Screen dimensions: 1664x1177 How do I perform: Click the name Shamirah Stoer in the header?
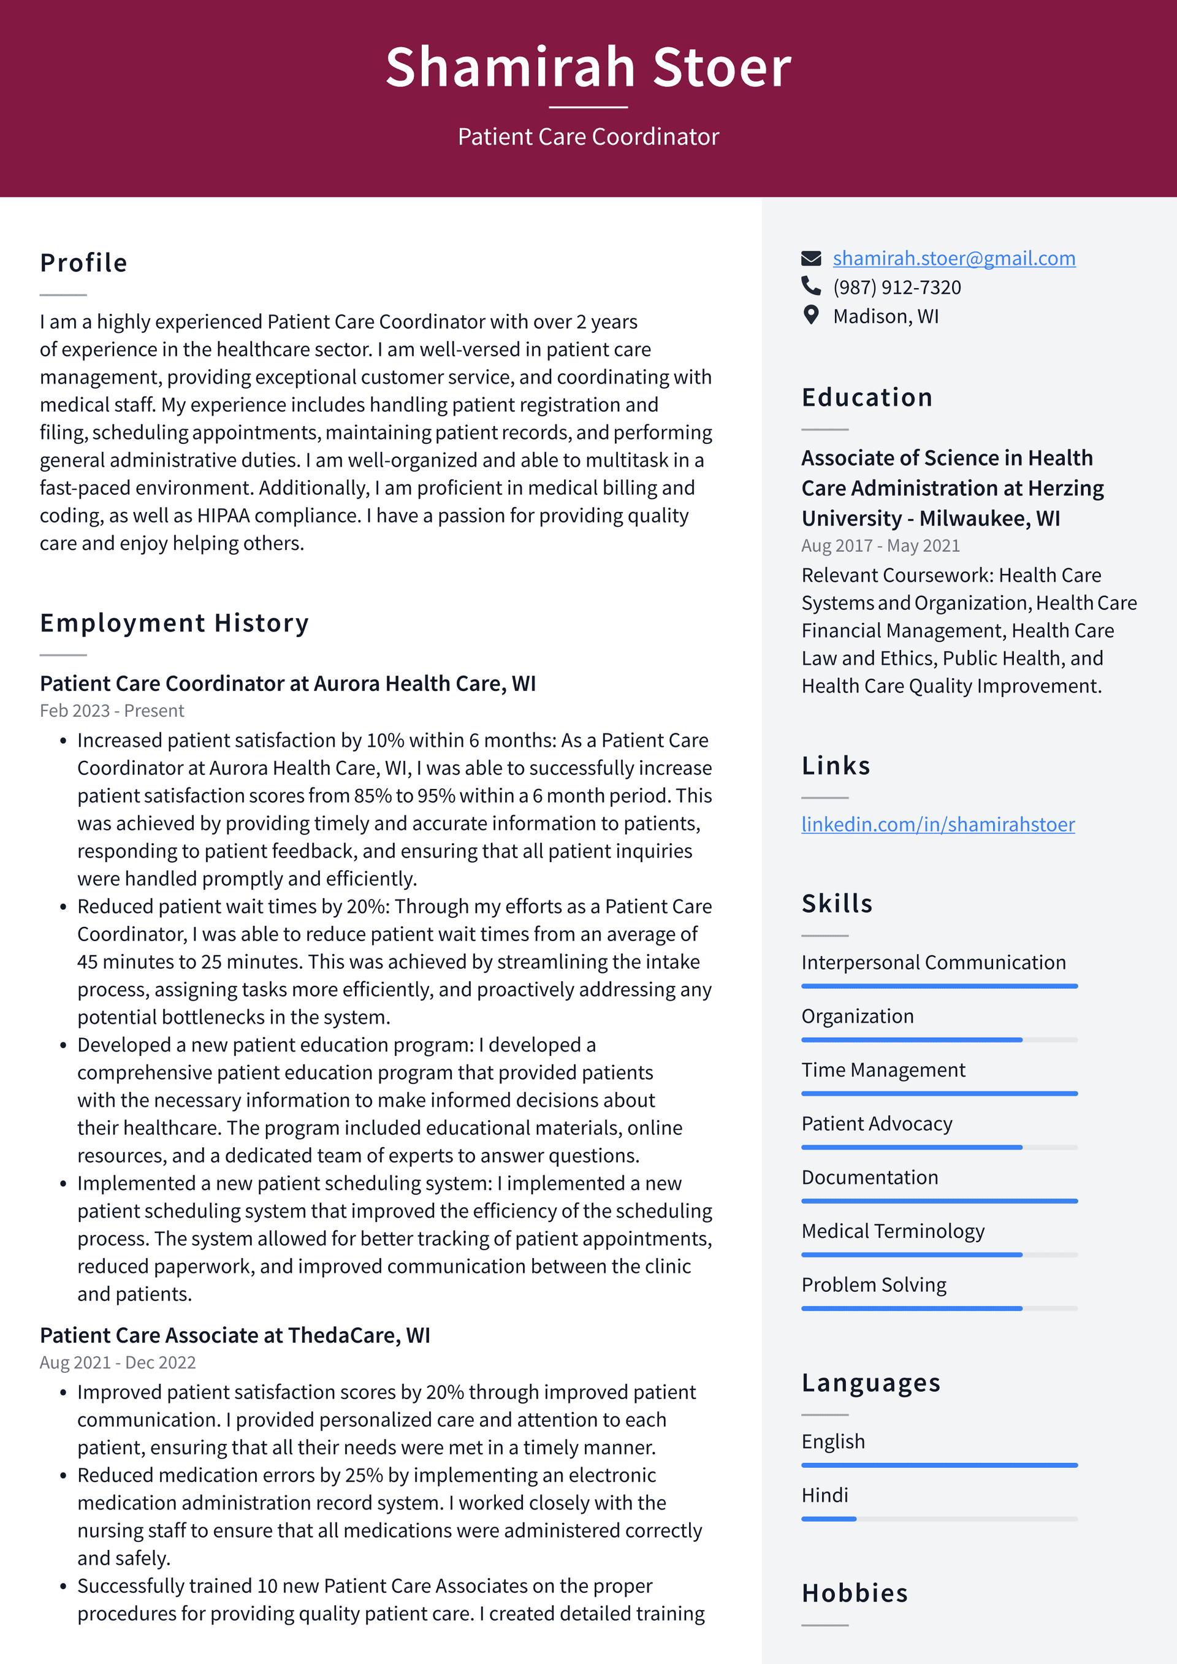click(x=588, y=67)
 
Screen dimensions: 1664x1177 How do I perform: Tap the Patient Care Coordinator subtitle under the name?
click(x=588, y=136)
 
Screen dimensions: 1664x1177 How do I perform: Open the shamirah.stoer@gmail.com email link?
click(x=953, y=258)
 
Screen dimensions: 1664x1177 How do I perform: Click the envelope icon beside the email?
click(x=811, y=258)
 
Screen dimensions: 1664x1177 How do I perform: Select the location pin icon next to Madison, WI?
click(x=811, y=315)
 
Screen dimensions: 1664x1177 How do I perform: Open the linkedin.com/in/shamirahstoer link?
click(x=937, y=824)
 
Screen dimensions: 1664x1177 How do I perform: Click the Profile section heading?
click(x=84, y=263)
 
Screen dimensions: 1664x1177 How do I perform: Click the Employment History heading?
click(x=175, y=624)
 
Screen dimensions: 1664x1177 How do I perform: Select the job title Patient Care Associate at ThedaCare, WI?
click(x=235, y=1335)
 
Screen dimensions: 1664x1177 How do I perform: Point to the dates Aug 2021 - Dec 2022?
click(x=118, y=1362)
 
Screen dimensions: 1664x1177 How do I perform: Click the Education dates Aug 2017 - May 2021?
click(x=880, y=546)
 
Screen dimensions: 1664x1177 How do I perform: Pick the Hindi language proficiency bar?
click(x=939, y=1518)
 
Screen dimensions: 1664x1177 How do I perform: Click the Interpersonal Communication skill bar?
click(x=939, y=986)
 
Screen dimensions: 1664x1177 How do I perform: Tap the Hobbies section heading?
click(x=855, y=1593)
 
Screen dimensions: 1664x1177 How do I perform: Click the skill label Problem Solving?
click(x=874, y=1284)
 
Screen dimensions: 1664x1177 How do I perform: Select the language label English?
click(x=832, y=1441)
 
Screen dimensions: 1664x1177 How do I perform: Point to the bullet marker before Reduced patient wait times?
click(x=64, y=907)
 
